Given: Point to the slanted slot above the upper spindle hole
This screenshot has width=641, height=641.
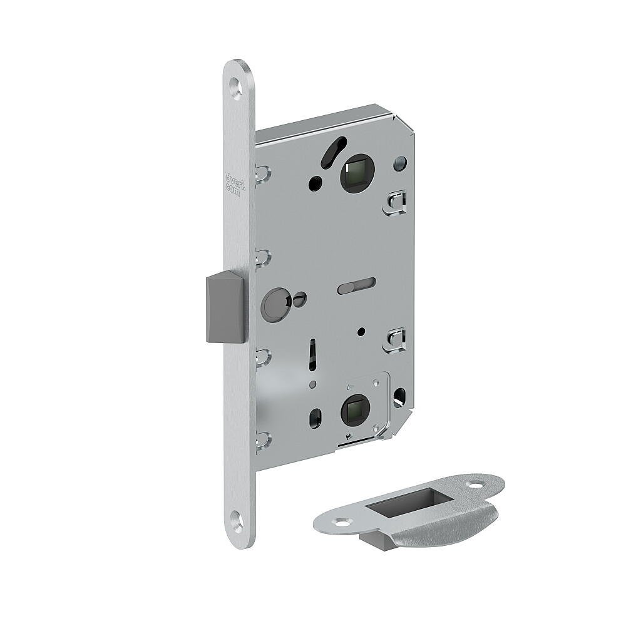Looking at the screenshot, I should coord(331,151).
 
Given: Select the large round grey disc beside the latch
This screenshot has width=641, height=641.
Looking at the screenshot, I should coord(274,303).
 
